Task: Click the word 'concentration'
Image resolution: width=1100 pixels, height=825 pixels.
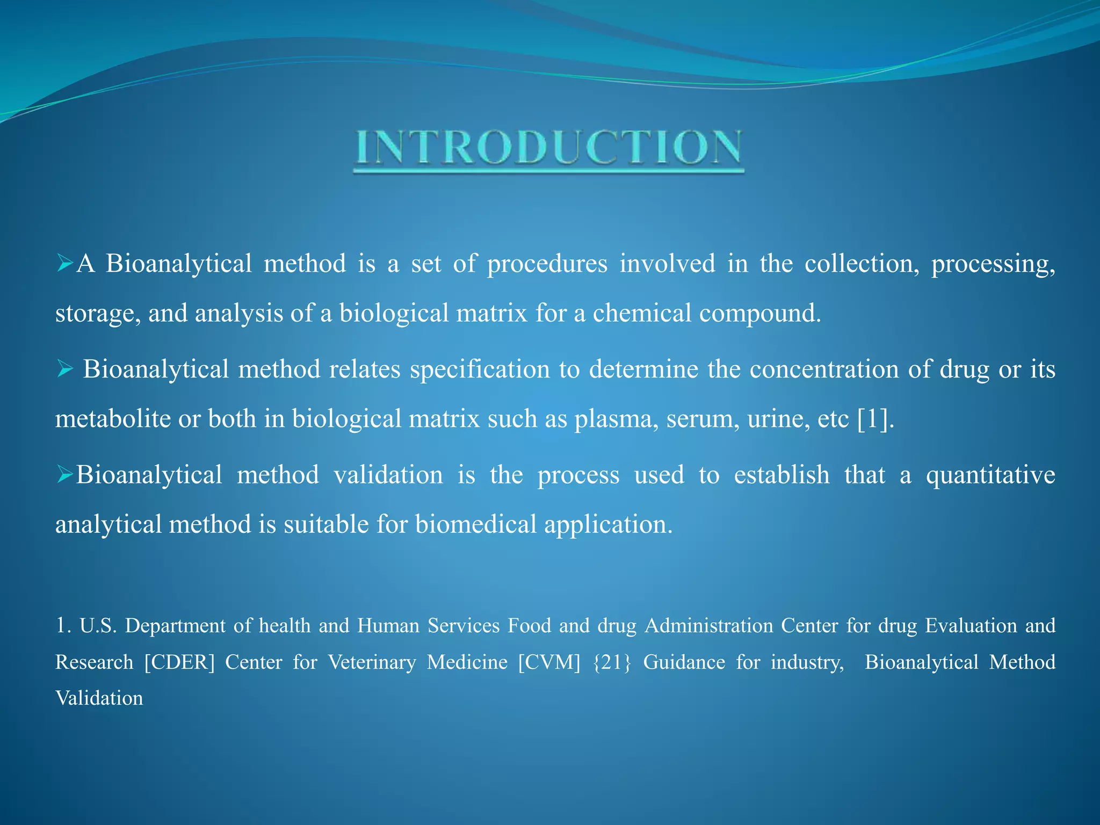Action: point(824,369)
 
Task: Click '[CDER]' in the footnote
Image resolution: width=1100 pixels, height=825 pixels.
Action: point(179,662)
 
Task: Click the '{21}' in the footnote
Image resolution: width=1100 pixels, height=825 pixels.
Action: point(612,662)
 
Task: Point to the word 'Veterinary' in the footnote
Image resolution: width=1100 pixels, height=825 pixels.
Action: point(372,662)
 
